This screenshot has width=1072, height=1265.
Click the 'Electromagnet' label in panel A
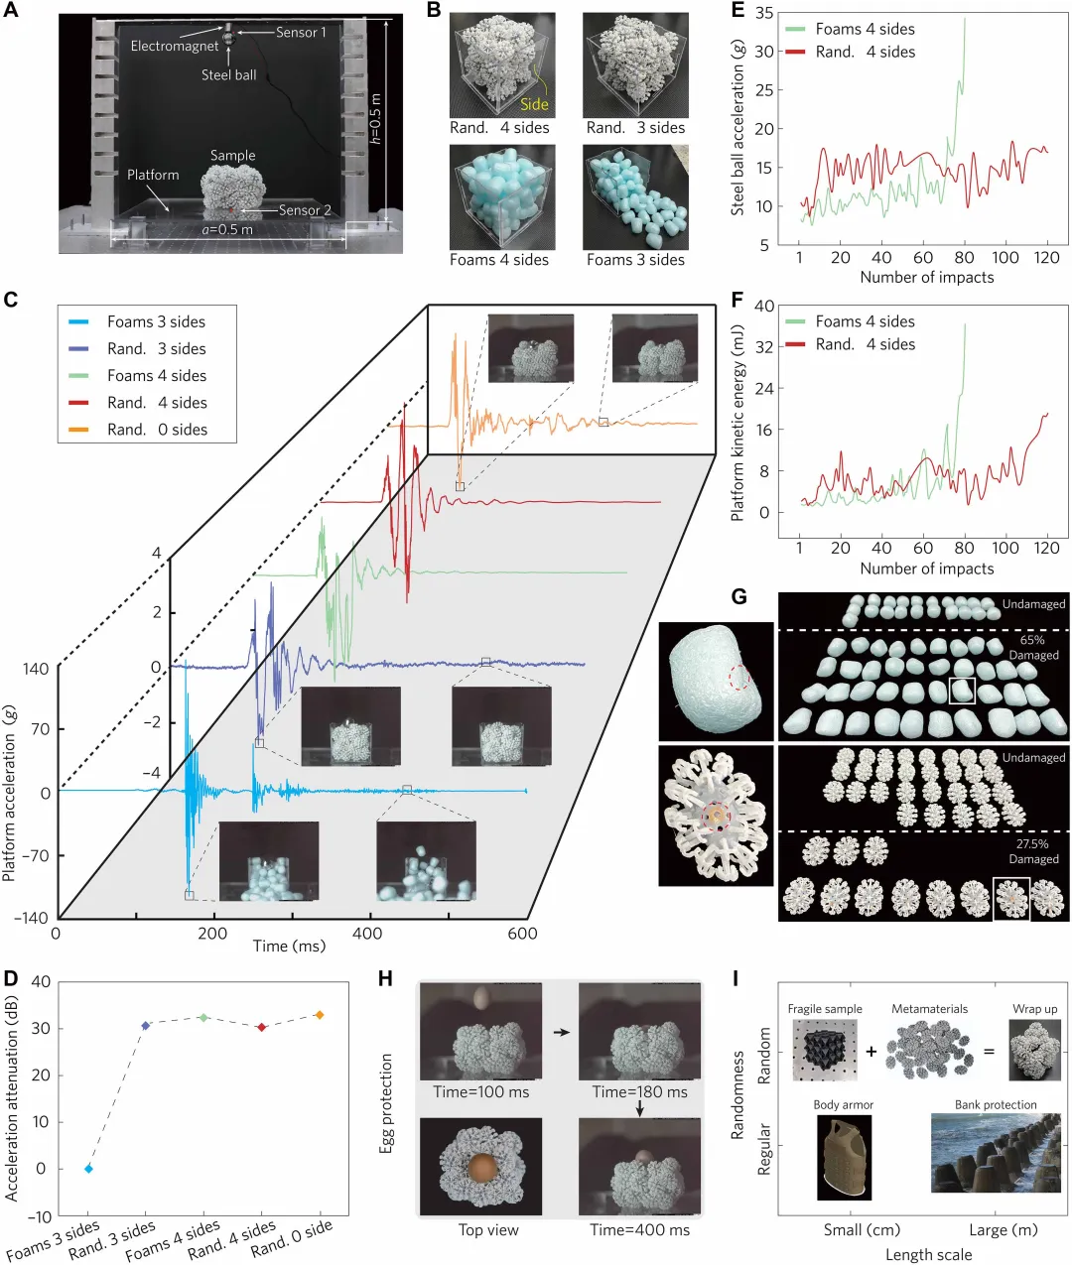click(174, 46)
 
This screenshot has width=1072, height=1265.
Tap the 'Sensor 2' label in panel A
click(305, 210)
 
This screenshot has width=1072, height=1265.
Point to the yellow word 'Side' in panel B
click(534, 104)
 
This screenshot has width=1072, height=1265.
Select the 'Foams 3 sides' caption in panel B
click(635, 260)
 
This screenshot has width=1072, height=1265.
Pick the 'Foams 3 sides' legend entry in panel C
click(156, 321)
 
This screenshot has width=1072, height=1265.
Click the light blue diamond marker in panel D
click(88, 1169)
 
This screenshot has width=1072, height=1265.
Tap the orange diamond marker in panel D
click(319, 1015)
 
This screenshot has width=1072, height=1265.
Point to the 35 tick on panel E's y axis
click(763, 14)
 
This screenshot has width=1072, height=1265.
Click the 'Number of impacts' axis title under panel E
click(926, 278)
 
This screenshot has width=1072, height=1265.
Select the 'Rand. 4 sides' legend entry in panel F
click(865, 344)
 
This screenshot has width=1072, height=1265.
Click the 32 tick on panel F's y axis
click(763, 347)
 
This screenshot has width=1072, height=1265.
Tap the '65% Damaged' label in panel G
click(1032, 647)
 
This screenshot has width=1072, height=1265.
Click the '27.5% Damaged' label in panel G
click(1033, 851)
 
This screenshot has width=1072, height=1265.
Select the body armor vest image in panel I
click(844, 1157)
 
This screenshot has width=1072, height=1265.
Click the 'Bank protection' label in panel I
click(995, 1105)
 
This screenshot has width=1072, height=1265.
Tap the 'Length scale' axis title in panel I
click(928, 1255)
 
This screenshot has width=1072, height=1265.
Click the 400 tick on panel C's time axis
click(367, 934)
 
